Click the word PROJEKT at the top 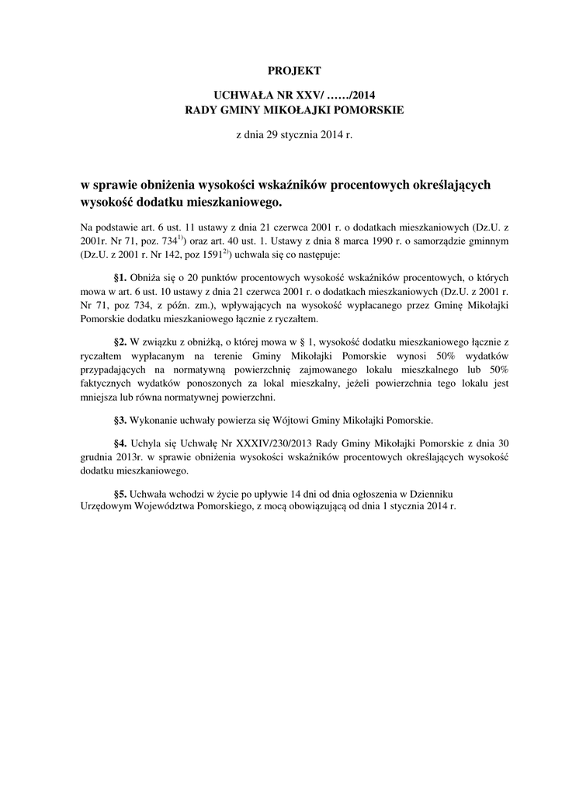pyautogui.click(x=293, y=71)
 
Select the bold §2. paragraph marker pyautogui.click(x=120, y=342)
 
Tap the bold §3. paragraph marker pyautogui.click(x=120, y=421)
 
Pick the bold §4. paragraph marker pyautogui.click(x=120, y=443)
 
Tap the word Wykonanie pyautogui.click(x=154, y=421)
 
